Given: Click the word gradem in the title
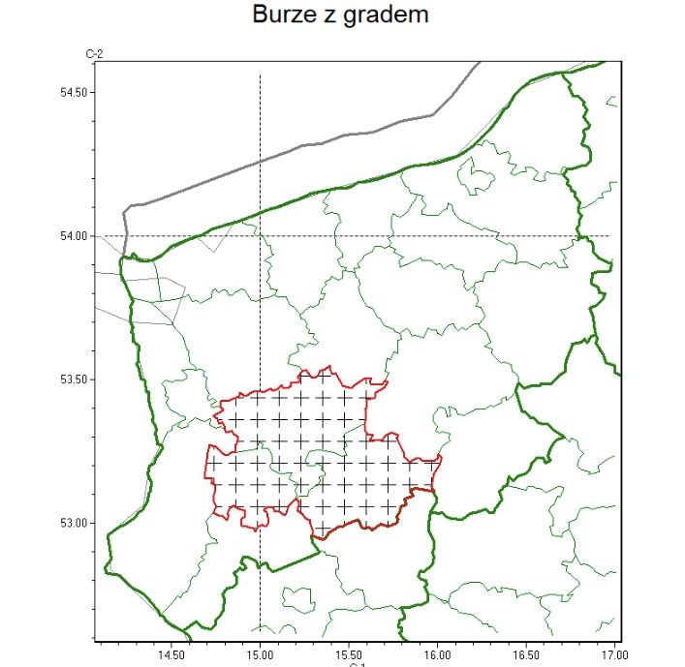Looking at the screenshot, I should click(389, 16).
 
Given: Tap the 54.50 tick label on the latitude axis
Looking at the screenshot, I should click(74, 93).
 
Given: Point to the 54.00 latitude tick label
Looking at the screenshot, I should click(74, 236).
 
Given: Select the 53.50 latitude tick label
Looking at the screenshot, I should click(74, 379).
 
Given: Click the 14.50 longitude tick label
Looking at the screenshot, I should click(171, 655).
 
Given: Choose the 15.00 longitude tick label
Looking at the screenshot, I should click(260, 655).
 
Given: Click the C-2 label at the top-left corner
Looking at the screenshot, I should click(95, 55).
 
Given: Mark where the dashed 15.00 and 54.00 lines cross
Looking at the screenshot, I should click(260, 236).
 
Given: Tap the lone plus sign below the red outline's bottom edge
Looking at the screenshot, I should click(322, 527).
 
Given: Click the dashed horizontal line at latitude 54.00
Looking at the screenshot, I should click(436, 236).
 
